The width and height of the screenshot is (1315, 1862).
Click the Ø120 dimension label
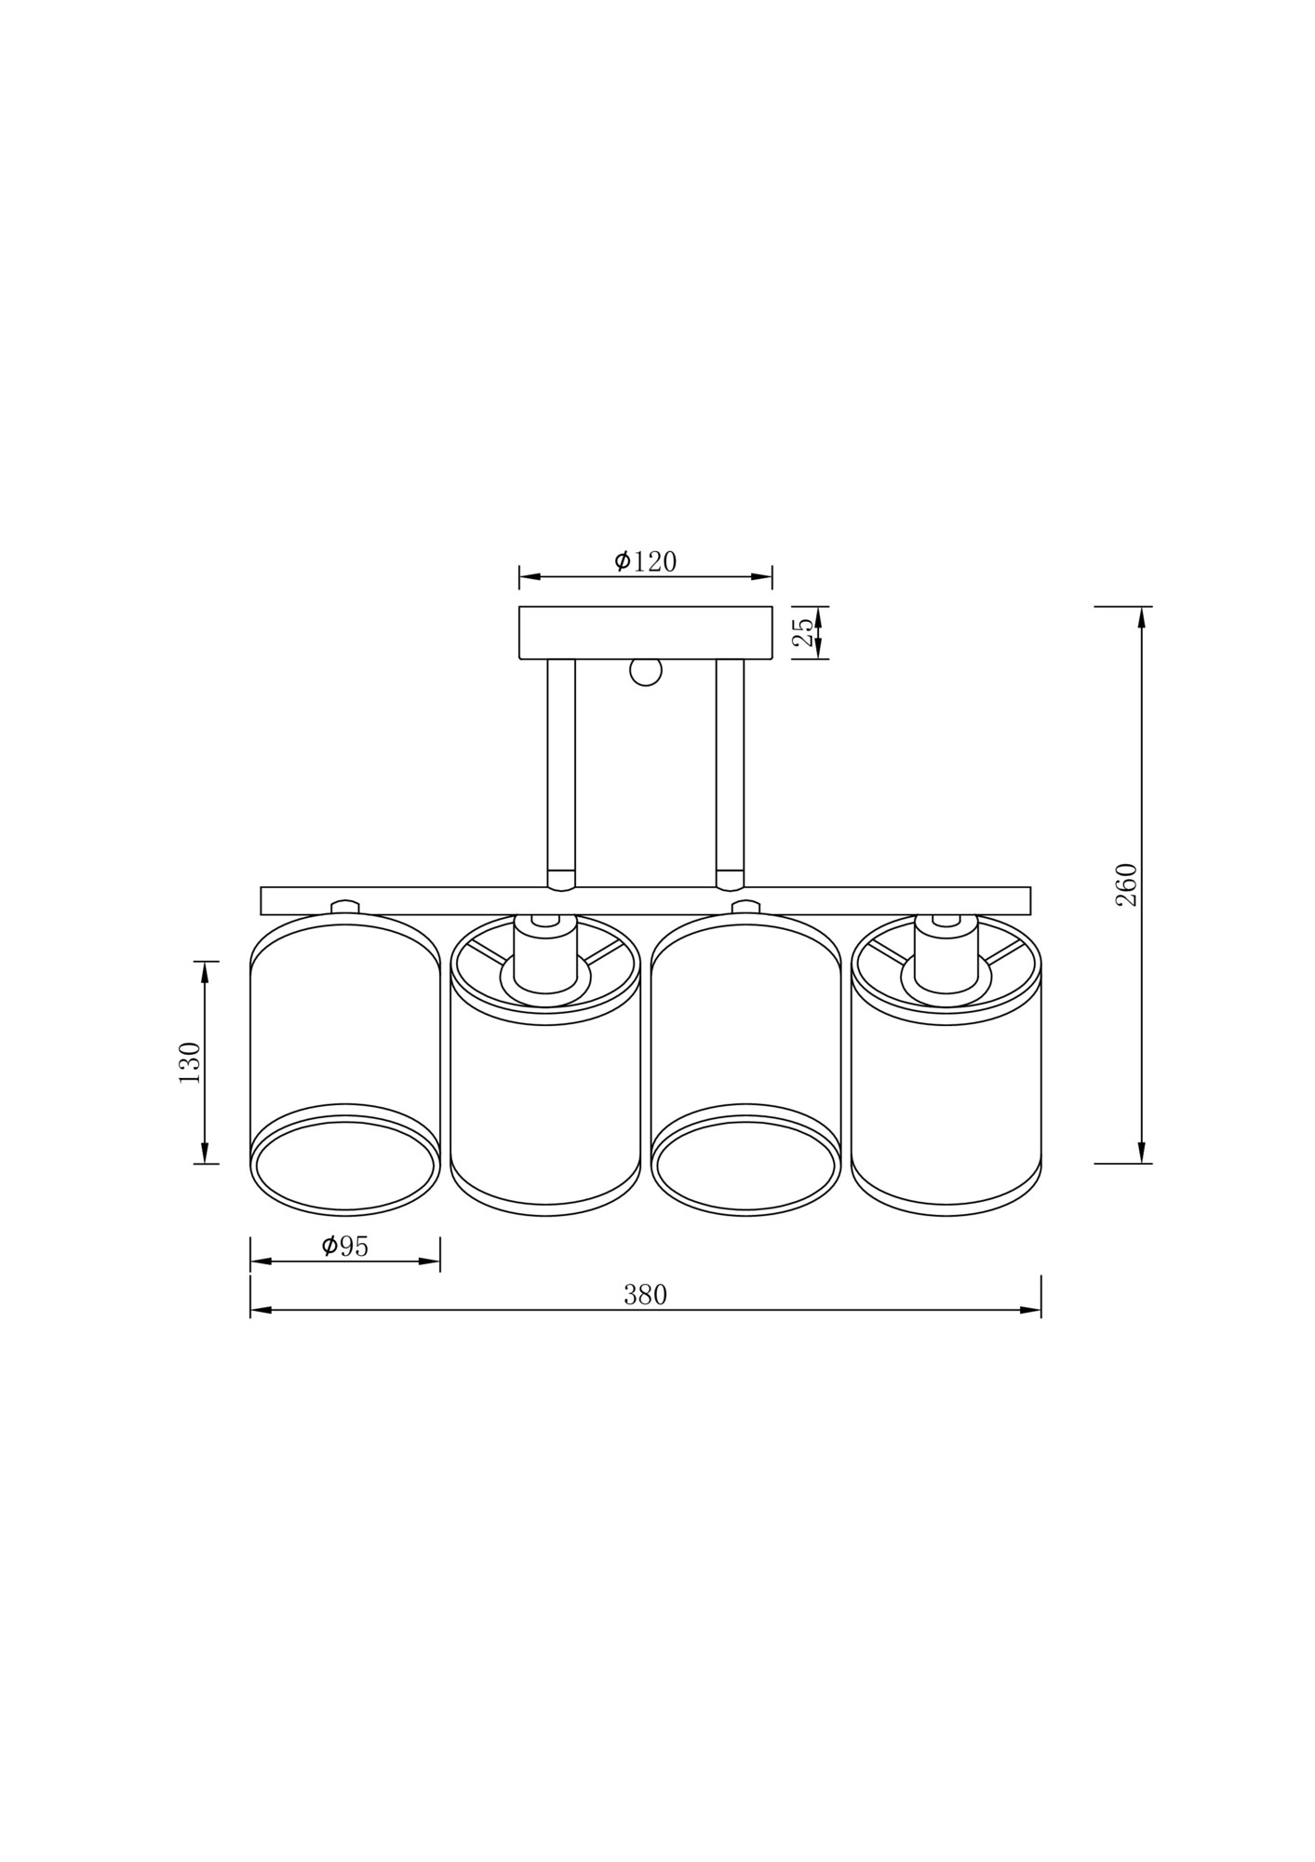point(645,561)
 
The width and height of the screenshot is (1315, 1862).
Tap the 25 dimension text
point(803,632)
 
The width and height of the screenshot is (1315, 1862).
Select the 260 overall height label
point(1126,884)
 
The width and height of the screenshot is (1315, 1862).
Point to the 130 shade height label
point(190,1062)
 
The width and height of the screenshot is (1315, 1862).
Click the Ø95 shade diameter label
point(345,1246)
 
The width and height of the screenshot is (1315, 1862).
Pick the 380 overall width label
point(645,1295)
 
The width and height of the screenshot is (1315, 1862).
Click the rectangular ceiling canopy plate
point(645,632)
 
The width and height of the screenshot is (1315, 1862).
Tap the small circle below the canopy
point(645,671)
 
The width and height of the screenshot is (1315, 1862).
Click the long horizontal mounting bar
point(645,900)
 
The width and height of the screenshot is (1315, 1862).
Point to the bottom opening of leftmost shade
point(345,1166)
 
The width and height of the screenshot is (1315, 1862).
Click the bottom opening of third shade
point(745,1166)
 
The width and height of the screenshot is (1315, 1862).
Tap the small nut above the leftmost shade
point(345,907)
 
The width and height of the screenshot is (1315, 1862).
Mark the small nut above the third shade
point(745,907)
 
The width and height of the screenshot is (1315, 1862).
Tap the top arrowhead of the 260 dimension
point(1142,617)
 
